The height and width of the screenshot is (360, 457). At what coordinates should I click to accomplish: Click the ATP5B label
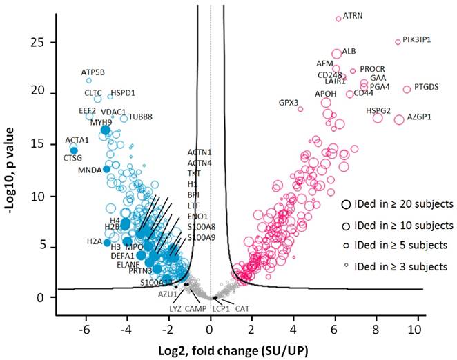pos(93,72)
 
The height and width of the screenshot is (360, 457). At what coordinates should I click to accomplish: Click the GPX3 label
pos(289,103)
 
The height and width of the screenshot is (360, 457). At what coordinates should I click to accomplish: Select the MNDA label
pos(89,170)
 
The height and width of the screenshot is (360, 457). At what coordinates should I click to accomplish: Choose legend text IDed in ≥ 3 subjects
pos(398,266)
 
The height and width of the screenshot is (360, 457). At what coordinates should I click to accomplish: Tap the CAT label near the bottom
pos(242,308)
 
